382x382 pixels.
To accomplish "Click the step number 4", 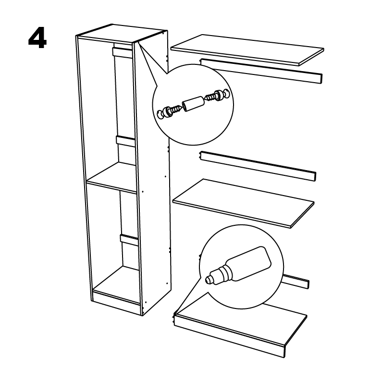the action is click(37, 38).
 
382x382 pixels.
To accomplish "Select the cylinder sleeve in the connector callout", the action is click(193, 103).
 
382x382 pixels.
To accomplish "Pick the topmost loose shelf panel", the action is click(247, 50).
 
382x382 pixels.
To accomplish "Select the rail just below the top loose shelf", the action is click(261, 71).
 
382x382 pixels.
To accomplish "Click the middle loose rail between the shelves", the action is click(258, 166).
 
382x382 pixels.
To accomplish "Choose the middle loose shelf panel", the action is click(243, 203).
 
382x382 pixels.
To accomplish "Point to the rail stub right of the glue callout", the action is click(296, 282).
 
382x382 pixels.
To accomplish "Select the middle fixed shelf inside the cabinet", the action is click(112, 178).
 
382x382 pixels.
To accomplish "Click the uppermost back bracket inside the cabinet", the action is click(122, 53).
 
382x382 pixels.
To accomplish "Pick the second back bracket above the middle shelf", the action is click(125, 142).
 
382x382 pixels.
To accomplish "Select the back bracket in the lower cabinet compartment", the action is click(129, 240).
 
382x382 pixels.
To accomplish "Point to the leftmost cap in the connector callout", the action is click(160, 114).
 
